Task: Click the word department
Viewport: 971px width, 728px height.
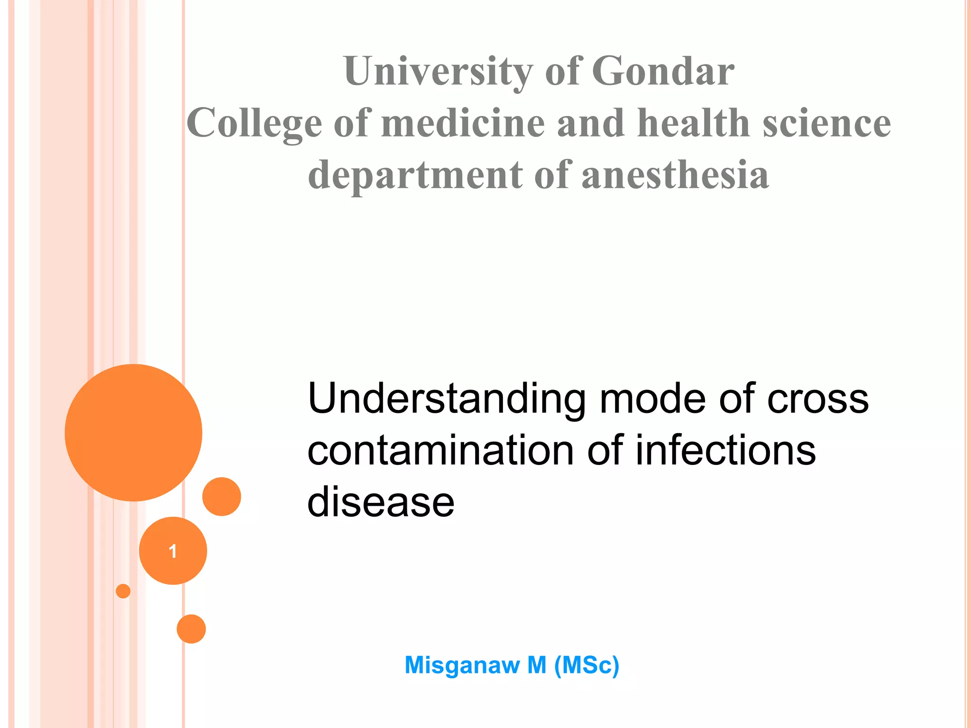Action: point(415,175)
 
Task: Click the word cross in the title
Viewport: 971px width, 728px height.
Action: point(817,399)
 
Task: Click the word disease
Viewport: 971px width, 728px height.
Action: point(381,502)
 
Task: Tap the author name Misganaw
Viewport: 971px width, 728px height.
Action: point(462,665)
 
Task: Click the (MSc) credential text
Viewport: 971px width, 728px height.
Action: point(586,665)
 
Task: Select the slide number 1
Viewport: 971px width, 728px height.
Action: point(173,551)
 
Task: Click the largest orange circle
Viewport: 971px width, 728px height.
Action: point(133,432)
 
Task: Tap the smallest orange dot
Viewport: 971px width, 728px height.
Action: point(123,591)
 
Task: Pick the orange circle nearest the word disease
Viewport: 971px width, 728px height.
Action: point(221,496)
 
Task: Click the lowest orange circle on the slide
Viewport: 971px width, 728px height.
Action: point(191,629)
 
